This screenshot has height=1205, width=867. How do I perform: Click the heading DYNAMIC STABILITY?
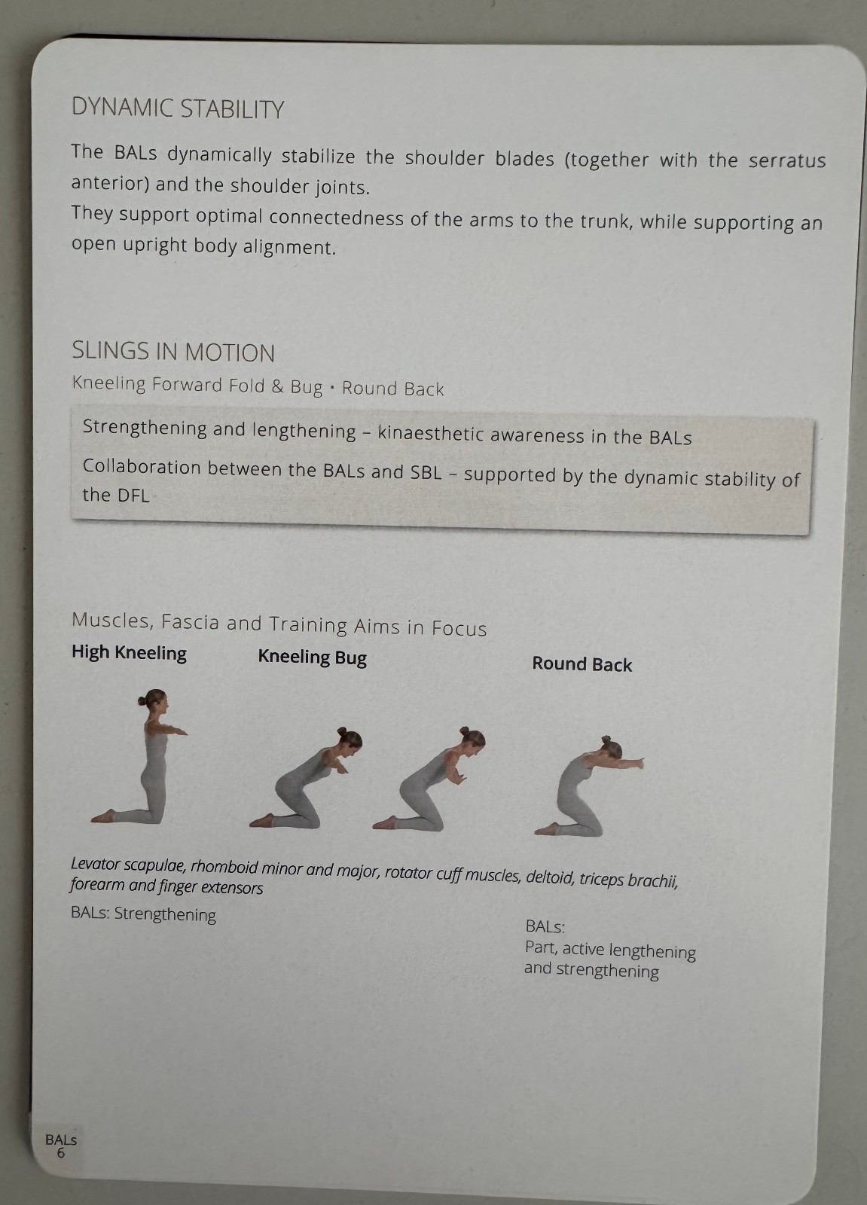tap(178, 108)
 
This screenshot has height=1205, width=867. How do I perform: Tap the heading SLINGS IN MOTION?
tap(173, 352)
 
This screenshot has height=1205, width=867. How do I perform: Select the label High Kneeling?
tap(129, 652)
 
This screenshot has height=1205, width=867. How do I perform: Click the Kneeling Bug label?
tap(312, 657)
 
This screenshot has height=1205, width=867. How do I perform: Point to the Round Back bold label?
tap(582, 664)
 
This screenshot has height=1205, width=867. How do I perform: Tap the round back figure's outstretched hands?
tap(635, 762)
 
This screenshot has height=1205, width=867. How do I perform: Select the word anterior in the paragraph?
tap(110, 183)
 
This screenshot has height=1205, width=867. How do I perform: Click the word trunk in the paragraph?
tap(606, 221)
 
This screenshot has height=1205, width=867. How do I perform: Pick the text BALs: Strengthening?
tap(143, 914)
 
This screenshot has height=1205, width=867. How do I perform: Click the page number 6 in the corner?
tap(61, 1152)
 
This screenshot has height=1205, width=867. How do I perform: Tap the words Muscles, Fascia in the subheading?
tap(146, 621)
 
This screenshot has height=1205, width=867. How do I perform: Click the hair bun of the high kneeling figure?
tap(142, 700)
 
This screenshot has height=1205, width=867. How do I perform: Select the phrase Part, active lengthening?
tap(610, 950)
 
